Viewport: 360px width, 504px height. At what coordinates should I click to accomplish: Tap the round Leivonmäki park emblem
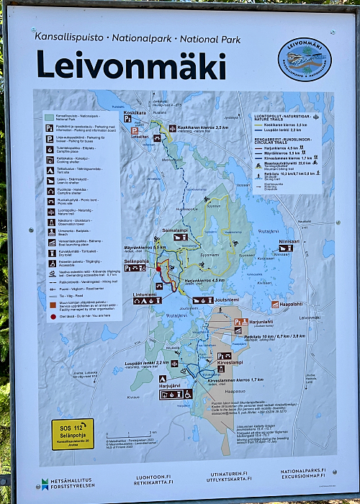click(305, 59)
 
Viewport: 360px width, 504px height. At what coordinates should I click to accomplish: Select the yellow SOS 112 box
click(72, 433)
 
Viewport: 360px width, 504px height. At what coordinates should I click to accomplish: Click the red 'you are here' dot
click(158, 268)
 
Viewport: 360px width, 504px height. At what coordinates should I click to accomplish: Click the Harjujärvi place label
click(171, 385)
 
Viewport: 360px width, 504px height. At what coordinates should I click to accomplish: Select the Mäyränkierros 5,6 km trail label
click(150, 248)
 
